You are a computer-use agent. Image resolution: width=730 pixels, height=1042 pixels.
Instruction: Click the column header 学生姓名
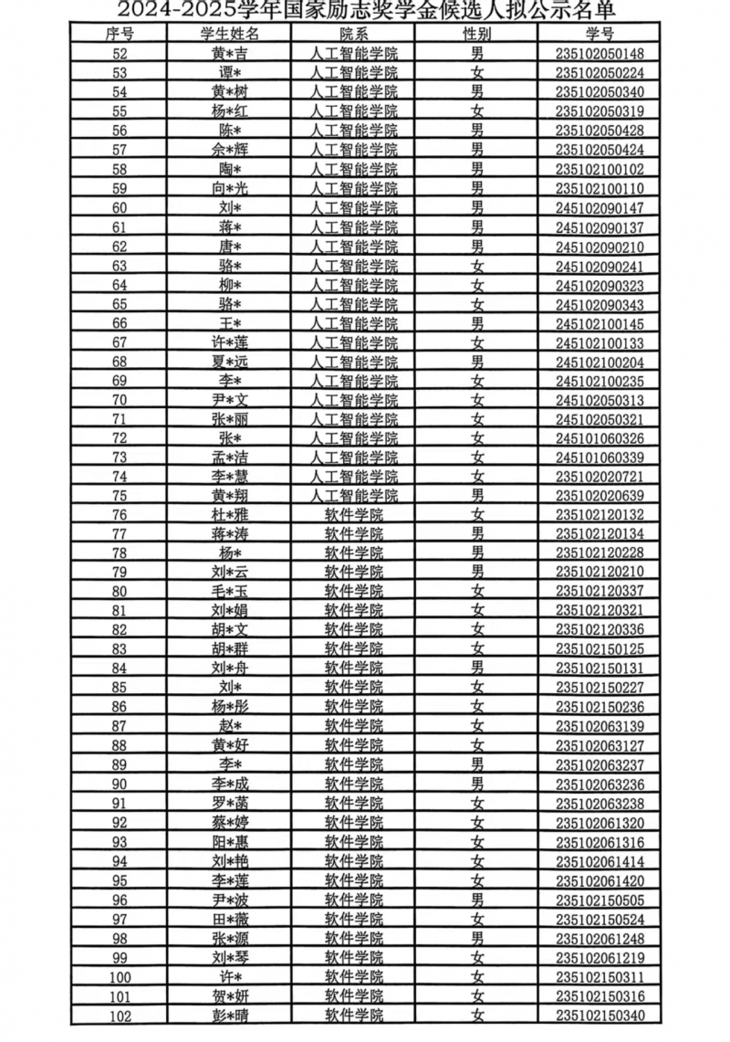pos(230,34)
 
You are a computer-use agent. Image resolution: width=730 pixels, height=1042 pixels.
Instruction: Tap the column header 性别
pos(476,34)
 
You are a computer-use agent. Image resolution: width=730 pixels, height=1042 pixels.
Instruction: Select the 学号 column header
pos(600,34)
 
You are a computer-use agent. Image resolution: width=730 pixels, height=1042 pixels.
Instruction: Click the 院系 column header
pos(354,34)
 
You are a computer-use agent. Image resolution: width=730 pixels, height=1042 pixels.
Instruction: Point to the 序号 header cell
pos(120,34)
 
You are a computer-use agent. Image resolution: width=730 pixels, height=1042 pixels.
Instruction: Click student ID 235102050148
pos(600,54)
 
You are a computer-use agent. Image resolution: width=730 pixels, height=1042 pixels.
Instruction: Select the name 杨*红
pos(230,111)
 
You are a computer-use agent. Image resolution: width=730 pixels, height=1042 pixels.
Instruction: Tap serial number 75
pos(120,495)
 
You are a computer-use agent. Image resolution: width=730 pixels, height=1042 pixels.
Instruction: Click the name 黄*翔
pos(230,495)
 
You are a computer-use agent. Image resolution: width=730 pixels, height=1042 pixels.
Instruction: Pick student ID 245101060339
pos(600,457)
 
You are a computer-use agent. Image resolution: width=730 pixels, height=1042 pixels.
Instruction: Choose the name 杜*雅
pos(230,514)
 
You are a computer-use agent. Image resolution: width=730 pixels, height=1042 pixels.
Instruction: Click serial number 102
pos(120,1015)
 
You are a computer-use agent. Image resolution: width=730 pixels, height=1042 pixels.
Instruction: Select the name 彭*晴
pos(230,1015)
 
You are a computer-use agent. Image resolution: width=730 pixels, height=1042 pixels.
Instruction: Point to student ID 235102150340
pos(600,1015)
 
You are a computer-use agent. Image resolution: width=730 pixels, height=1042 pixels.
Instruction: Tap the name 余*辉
pos(230,150)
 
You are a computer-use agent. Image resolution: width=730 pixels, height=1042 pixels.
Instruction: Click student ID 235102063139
pos(600,726)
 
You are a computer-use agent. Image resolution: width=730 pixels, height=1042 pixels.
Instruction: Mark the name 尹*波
pos(230,899)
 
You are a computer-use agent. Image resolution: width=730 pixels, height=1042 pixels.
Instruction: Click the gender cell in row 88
pos(476,745)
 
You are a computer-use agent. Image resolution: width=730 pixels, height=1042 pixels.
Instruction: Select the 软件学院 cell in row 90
pos(354,784)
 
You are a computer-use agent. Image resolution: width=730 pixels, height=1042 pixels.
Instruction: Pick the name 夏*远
pos(230,361)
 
